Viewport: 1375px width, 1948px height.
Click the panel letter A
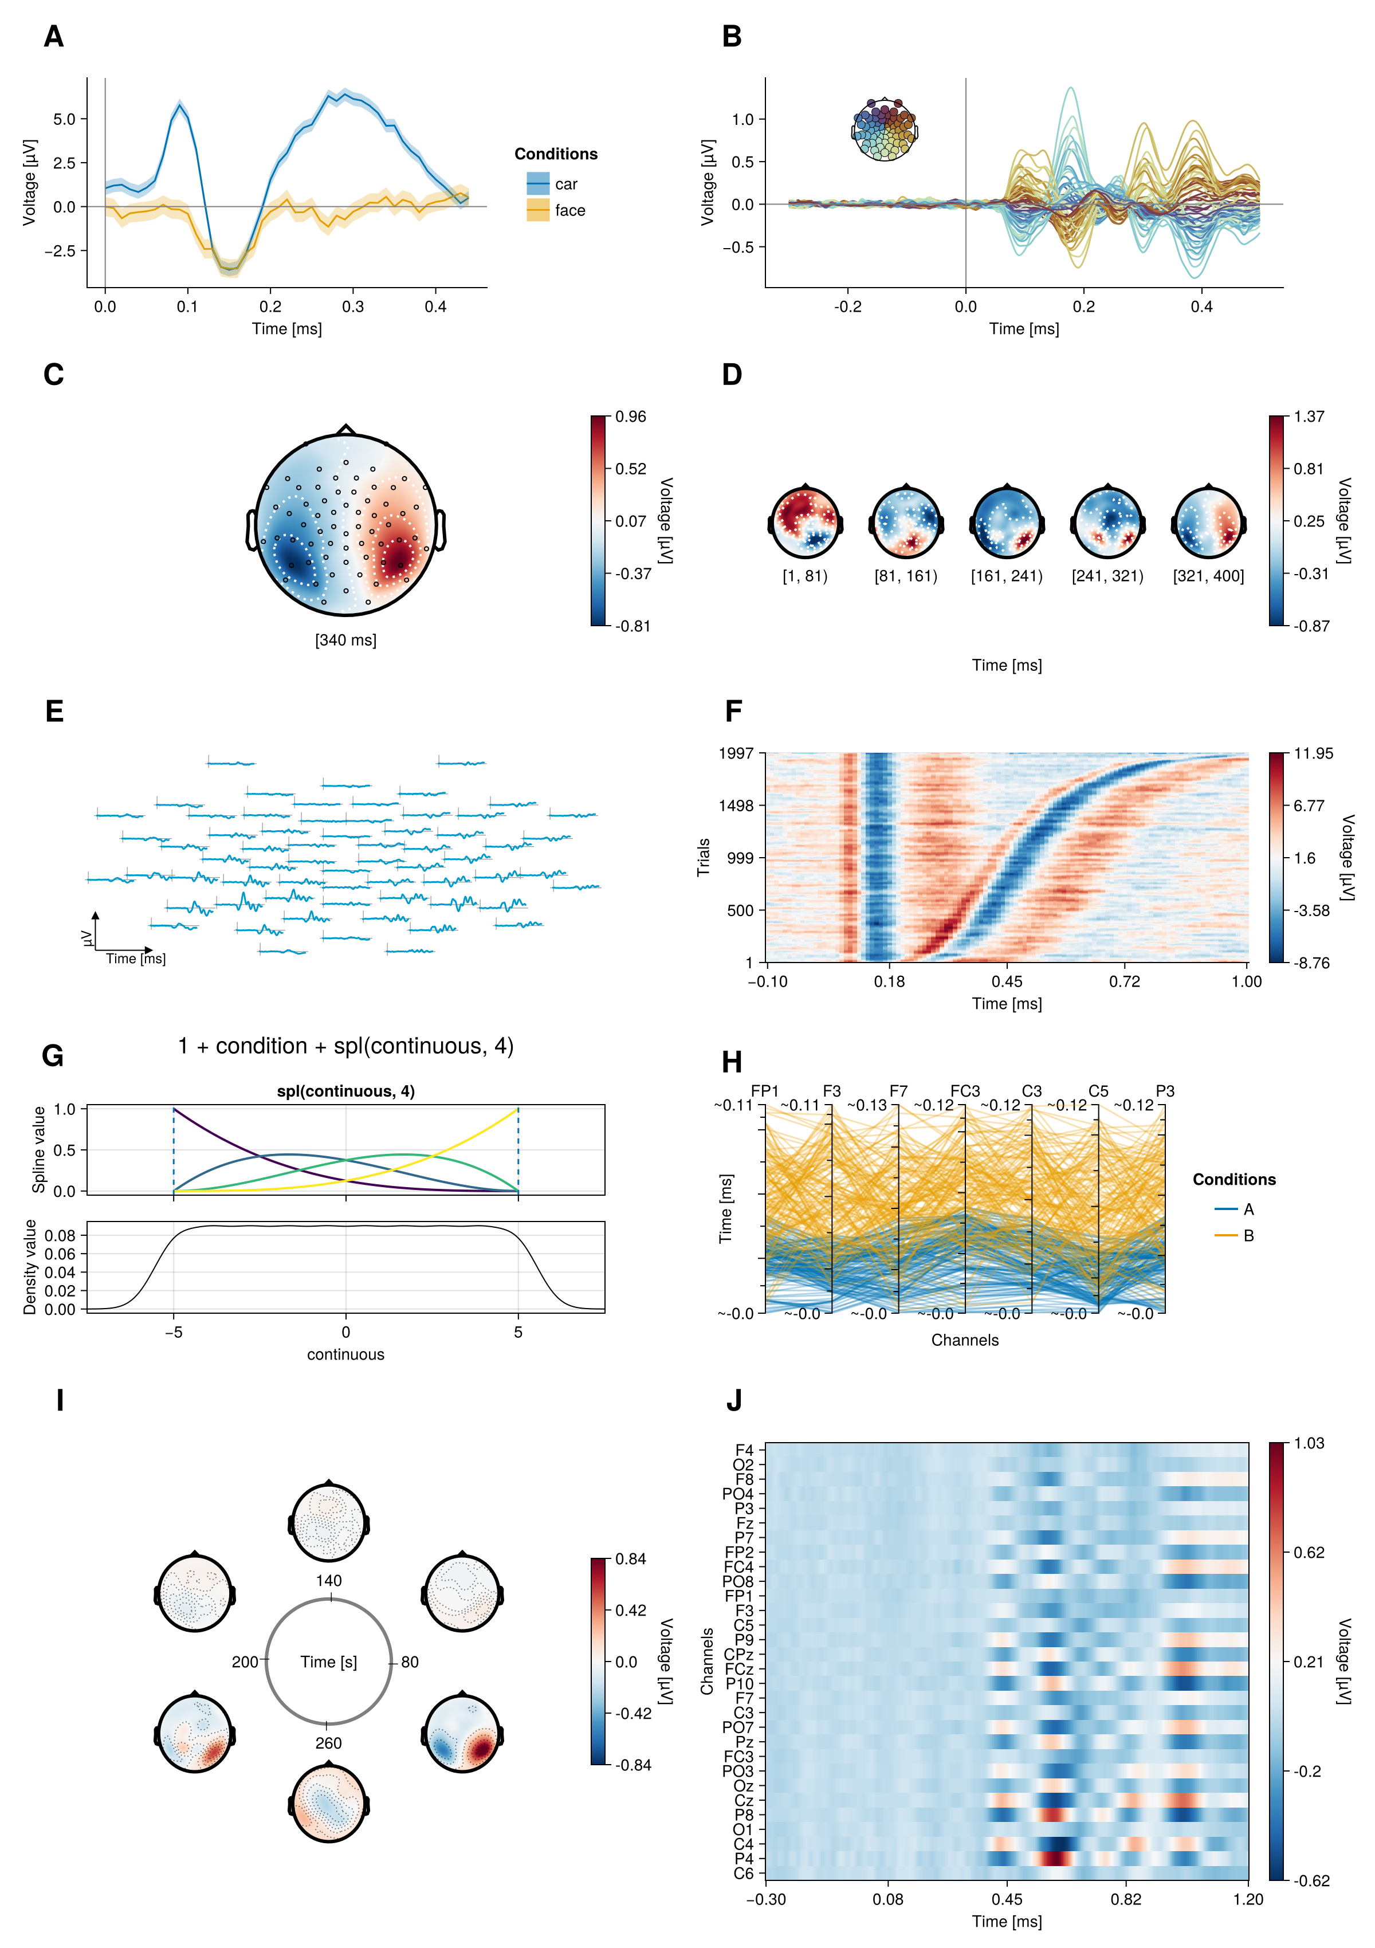coord(53,37)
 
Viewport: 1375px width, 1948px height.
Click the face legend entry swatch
coord(538,210)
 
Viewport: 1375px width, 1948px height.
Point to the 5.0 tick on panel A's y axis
coord(65,119)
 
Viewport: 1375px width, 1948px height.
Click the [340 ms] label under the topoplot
coord(345,640)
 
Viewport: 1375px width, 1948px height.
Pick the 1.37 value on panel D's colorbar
coord(1309,417)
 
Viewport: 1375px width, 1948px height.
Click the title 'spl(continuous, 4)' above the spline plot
coord(345,1091)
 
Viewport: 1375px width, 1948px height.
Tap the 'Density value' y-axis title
coord(30,1267)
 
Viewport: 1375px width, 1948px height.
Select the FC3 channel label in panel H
coord(964,1091)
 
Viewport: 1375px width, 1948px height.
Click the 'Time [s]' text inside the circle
coord(328,1662)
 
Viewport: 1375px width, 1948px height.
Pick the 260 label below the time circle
coord(328,1743)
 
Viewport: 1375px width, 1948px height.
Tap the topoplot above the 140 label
coord(328,1522)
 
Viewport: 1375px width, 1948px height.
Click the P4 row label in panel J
coord(743,1858)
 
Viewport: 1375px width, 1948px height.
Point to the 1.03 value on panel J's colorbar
coord(1310,1443)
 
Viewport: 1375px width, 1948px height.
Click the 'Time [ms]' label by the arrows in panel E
coord(136,959)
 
